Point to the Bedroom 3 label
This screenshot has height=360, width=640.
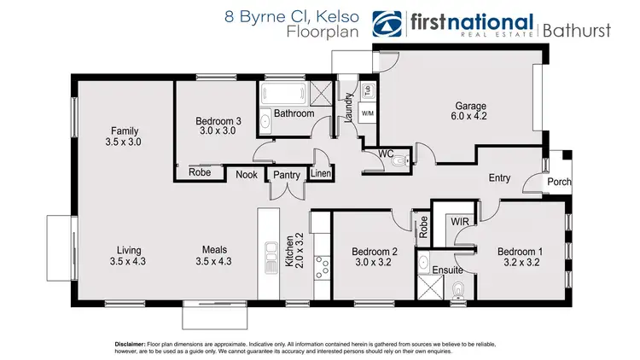tap(220, 121)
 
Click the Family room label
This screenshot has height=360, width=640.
tap(124, 131)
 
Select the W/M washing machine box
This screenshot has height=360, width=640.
tap(367, 113)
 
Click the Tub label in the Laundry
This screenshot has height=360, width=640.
tap(368, 90)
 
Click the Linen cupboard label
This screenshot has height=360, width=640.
tap(321, 175)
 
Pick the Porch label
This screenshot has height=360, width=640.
tap(559, 182)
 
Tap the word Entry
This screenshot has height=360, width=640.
tap(500, 178)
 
